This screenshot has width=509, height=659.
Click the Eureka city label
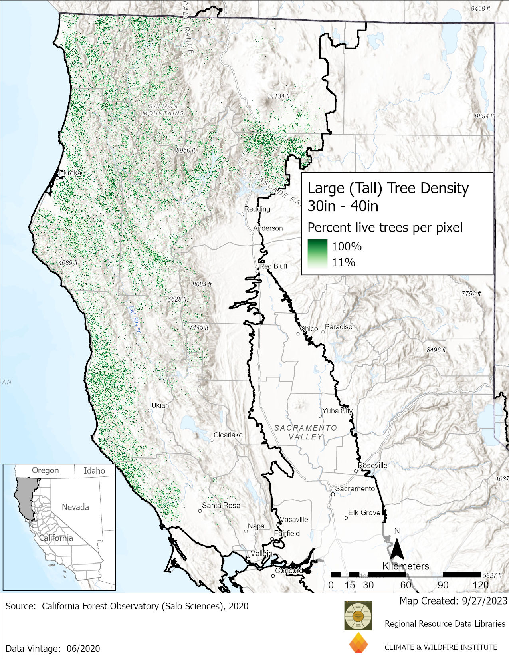pyautogui.click(x=70, y=173)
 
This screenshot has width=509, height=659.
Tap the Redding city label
pyautogui.click(x=257, y=209)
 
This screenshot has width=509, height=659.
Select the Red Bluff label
pyautogui.click(x=273, y=266)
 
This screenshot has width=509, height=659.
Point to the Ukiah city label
pyautogui.click(x=160, y=405)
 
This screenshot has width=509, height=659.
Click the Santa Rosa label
pyautogui.click(x=221, y=505)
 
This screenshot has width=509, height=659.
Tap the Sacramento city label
pyautogui.click(x=355, y=488)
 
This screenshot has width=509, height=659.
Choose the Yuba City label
pyautogui.click(x=337, y=411)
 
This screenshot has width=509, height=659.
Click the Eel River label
pyautogui.click(x=135, y=320)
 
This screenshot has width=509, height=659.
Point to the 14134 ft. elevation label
pyautogui.click(x=279, y=96)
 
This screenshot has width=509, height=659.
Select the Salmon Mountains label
pyautogui.click(x=164, y=110)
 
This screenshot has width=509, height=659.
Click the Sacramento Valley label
pyautogui.click(x=305, y=432)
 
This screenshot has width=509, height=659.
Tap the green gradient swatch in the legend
pyautogui.click(x=317, y=254)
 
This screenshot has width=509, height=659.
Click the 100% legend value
pyautogui.click(x=347, y=246)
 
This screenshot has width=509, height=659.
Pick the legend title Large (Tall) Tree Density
pyautogui.click(x=388, y=188)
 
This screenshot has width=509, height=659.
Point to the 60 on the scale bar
pyautogui.click(x=405, y=585)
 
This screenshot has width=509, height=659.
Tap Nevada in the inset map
pyautogui.click(x=75, y=507)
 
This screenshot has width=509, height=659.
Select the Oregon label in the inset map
pyautogui.click(x=45, y=470)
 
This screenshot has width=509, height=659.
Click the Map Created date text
pyautogui.click(x=453, y=601)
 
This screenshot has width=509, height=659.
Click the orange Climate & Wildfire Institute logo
pyautogui.click(x=358, y=643)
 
